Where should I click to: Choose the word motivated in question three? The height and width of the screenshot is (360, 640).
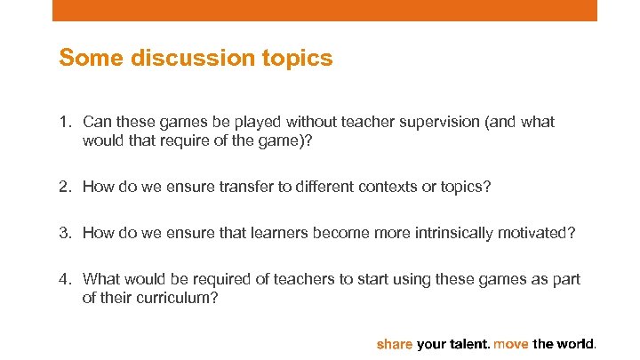(x=543, y=233)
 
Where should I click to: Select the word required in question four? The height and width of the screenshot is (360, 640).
(x=205, y=279)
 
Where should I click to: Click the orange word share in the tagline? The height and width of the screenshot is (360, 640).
(x=395, y=343)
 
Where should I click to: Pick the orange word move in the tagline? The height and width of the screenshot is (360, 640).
(x=511, y=343)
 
